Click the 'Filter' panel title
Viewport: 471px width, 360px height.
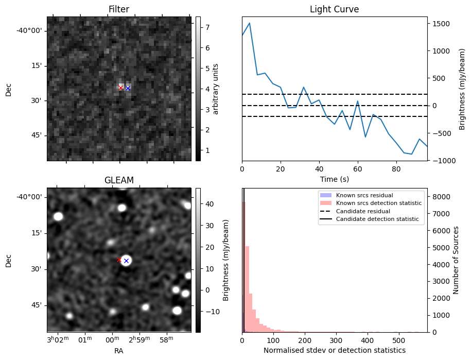click(118, 9)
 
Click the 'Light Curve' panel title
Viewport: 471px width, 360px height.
click(334, 9)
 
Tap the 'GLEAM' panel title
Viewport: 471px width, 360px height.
click(118, 180)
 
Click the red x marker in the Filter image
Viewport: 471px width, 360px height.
click(120, 88)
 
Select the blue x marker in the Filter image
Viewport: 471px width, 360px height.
click(128, 88)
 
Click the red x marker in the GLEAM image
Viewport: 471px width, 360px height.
click(119, 260)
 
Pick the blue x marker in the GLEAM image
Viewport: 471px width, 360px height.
click(126, 261)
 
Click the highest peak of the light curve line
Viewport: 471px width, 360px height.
click(250, 23)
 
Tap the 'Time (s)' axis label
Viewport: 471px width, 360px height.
click(334, 179)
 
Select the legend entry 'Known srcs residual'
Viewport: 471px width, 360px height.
click(363, 195)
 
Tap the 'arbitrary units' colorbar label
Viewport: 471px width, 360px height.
click(216, 89)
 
